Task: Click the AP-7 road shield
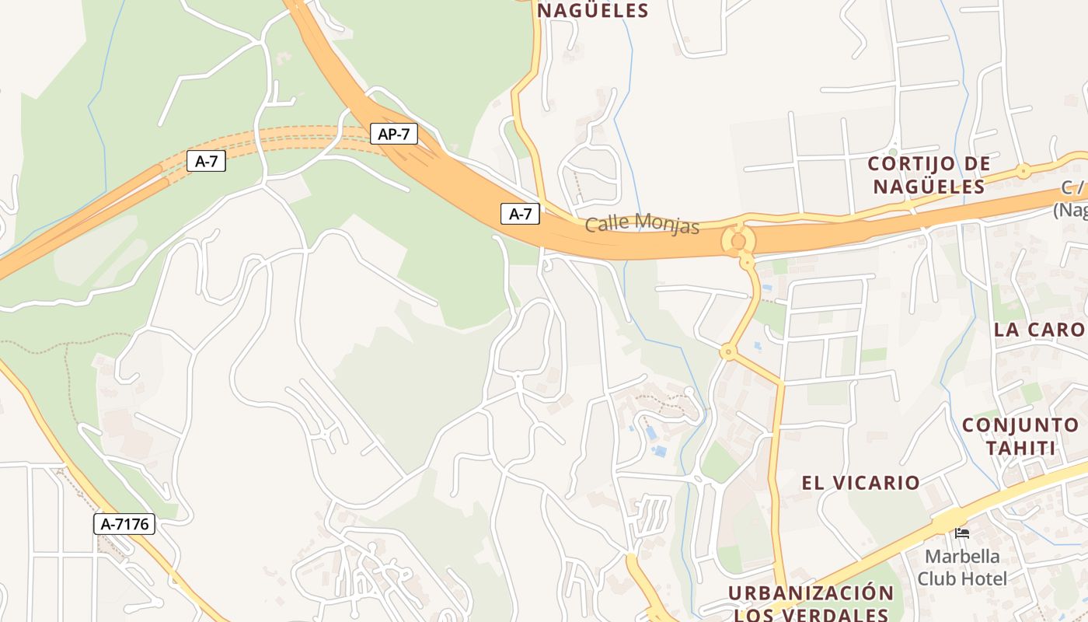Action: tap(393, 134)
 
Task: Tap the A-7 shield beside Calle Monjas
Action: tap(520, 213)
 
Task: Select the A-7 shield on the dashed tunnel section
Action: tap(206, 162)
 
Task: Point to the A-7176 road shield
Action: tap(124, 524)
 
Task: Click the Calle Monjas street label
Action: tap(642, 224)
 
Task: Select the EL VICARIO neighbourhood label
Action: tap(860, 483)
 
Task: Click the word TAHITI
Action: tap(1021, 449)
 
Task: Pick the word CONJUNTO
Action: tap(1020, 425)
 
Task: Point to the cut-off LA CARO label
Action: tap(1040, 329)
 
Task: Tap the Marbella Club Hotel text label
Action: tap(962, 568)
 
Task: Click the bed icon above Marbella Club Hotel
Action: tap(962, 533)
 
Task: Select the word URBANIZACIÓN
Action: tap(811, 593)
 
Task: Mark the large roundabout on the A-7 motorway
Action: tap(738, 241)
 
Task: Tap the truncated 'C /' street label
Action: tap(1072, 188)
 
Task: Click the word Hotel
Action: tap(983, 578)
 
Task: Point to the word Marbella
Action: tap(962, 557)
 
